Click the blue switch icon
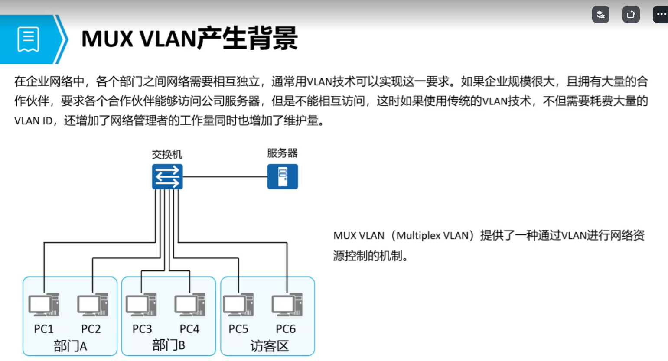pyautogui.click(x=167, y=176)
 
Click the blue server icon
pyautogui.click(x=282, y=176)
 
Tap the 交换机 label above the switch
pyautogui.click(x=167, y=154)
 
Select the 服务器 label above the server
pyautogui.click(x=282, y=153)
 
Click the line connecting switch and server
pyautogui.click(x=225, y=176)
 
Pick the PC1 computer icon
pyautogui.click(x=44, y=305)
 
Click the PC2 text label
pyautogui.click(x=91, y=329)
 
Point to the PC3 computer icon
pyautogui.click(x=141, y=305)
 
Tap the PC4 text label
pyautogui.click(x=189, y=329)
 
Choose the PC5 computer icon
pyautogui.click(x=238, y=305)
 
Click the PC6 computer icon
pyautogui.click(x=287, y=305)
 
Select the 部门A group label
pyautogui.click(x=70, y=346)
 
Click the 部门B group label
pyautogui.click(x=169, y=345)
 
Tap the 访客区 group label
pyautogui.click(x=270, y=346)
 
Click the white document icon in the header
pyautogui.click(x=28, y=39)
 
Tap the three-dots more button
pyautogui.click(x=661, y=14)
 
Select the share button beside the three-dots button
pyautogui.click(x=631, y=14)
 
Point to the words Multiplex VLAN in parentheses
pyautogui.click(x=433, y=235)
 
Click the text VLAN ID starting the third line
pyautogui.click(x=33, y=121)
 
